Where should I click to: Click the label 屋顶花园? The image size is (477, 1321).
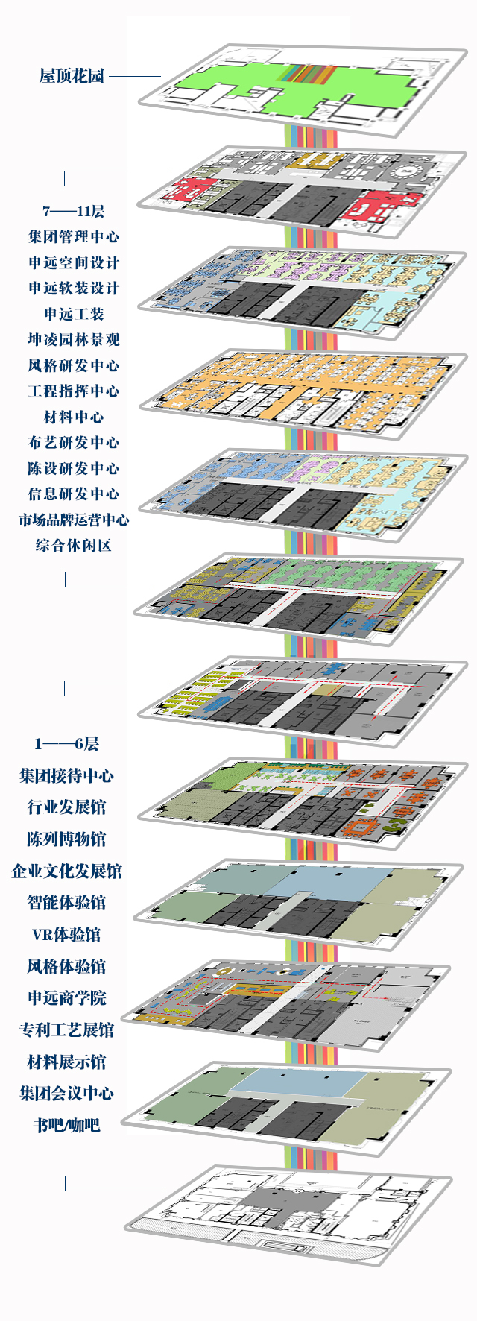click(72, 75)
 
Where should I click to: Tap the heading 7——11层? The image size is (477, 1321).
click(73, 212)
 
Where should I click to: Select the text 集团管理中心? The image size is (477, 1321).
click(73, 237)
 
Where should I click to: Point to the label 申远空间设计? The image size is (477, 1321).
click(73, 262)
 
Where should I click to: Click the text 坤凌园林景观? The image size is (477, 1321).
click(73, 340)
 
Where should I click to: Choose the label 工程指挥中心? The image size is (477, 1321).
click(73, 391)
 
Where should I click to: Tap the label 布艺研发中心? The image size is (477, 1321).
click(73, 443)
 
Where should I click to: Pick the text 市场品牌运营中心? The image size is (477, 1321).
click(73, 520)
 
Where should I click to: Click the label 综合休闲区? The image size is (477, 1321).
click(73, 546)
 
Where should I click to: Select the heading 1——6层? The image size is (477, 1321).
click(66, 743)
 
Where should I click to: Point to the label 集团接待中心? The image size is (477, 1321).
click(66, 775)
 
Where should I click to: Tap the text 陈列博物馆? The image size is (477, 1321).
click(66, 839)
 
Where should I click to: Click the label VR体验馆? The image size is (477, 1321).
click(66, 935)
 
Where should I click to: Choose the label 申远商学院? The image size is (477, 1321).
click(66, 998)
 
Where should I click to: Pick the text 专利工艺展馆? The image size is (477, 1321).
click(66, 1030)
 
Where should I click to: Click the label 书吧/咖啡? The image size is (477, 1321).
click(66, 1126)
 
